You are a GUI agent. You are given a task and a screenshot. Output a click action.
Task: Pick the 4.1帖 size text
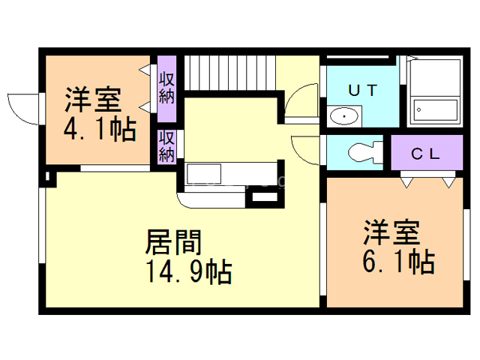pos(99,130)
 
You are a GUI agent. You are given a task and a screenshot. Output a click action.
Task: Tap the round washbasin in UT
pos(344,116)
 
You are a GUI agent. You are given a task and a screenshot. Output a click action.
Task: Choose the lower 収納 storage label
pos(166,146)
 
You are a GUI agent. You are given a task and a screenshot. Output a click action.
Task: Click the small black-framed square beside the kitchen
pos(265,199)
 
